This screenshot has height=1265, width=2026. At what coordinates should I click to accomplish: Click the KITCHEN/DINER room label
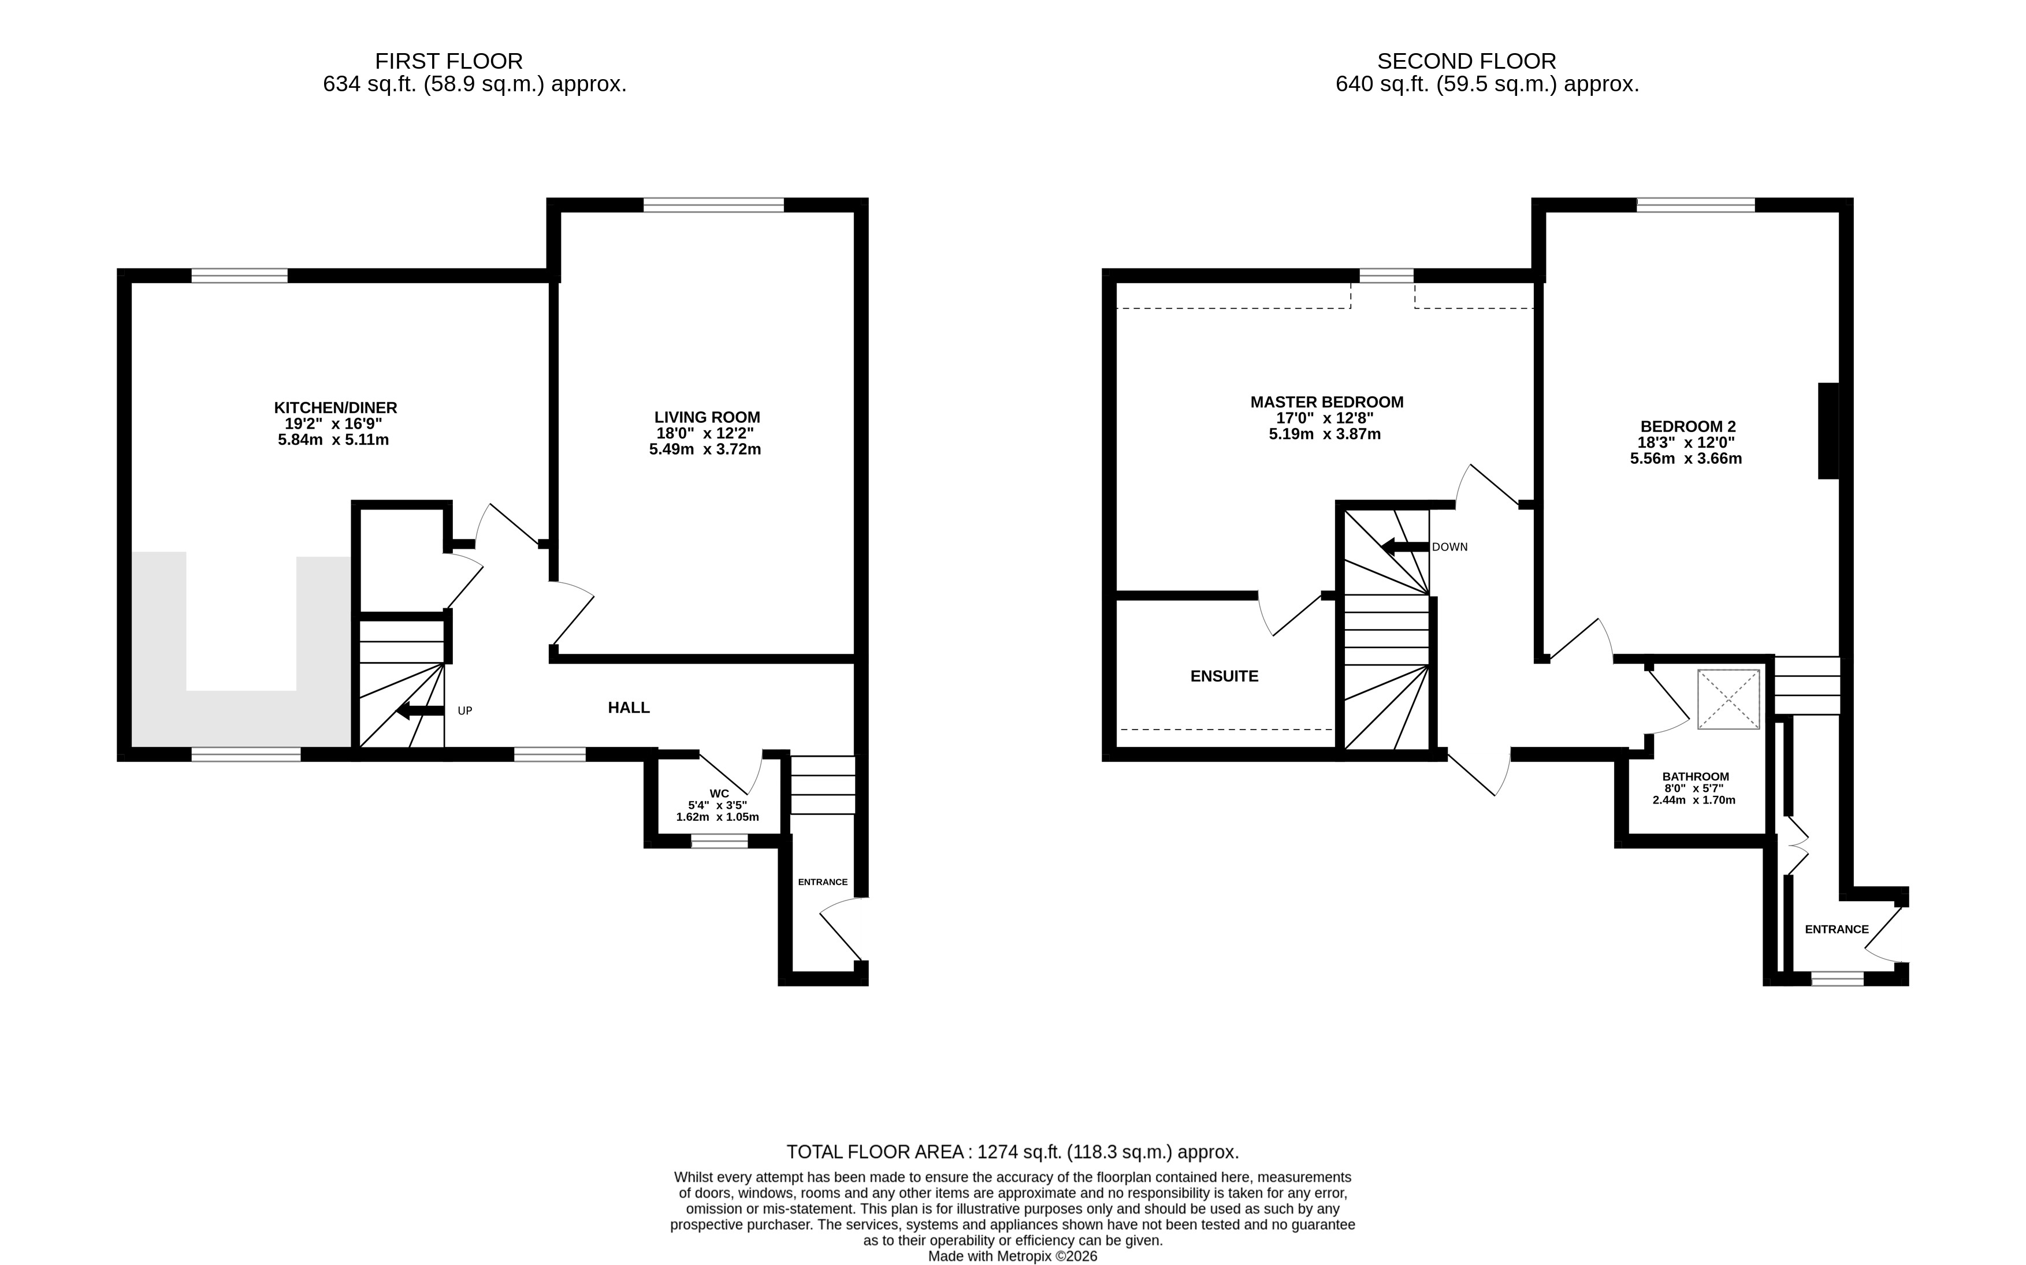tap(336, 407)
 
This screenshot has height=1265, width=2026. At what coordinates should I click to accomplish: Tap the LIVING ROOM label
tap(707, 416)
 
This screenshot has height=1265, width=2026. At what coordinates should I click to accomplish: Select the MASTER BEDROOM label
tap(1326, 401)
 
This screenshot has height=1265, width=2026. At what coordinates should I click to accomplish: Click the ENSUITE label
tap(1224, 676)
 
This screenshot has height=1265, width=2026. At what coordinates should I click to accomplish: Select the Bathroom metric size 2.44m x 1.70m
tap(1694, 800)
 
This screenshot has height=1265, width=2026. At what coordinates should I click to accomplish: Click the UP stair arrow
tap(420, 711)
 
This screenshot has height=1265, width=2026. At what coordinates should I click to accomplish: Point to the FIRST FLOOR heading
tap(448, 61)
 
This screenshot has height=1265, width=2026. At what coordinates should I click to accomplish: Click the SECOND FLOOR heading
tap(1466, 61)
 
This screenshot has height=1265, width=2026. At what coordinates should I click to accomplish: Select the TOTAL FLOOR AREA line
tap(1012, 1152)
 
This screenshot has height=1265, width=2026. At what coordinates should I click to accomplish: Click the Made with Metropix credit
tap(1012, 1256)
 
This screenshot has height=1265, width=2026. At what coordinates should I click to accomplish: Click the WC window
tap(719, 842)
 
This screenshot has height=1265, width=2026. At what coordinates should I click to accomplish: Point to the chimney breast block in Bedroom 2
tap(1828, 431)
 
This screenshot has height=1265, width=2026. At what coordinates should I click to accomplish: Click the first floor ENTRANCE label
tap(822, 882)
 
